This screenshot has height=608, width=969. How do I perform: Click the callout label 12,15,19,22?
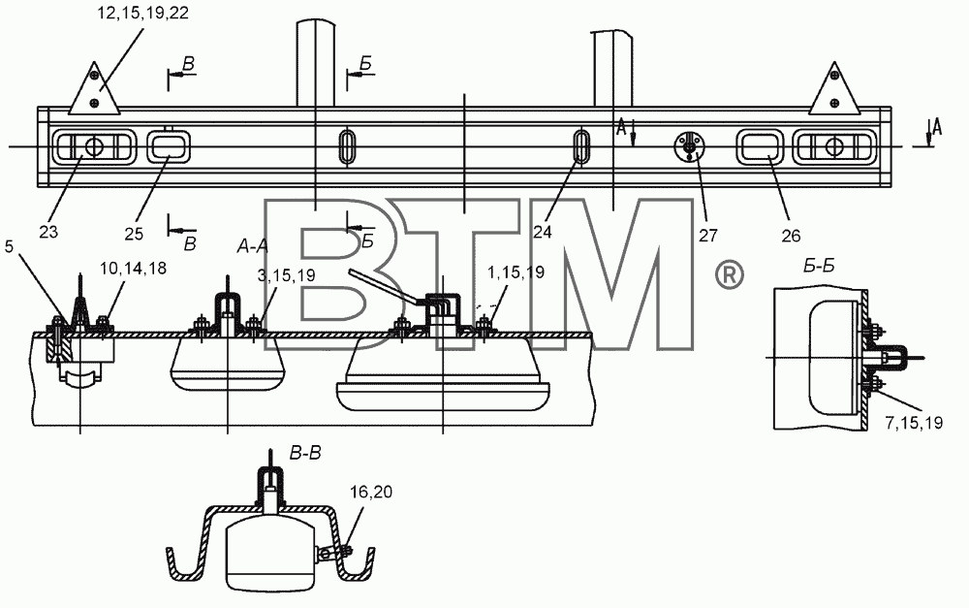click(x=142, y=14)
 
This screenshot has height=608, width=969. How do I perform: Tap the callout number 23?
click(x=48, y=232)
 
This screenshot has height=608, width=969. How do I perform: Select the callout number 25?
click(x=134, y=234)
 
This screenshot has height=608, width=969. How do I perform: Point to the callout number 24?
click(x=542, y=232)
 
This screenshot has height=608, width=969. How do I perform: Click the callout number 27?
click(x=708, y=235)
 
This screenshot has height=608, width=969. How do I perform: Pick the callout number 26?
click(x=791, y=236)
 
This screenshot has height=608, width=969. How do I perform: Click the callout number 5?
click(x=9, y=246)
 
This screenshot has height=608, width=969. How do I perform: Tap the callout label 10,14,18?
click(x=134, y=268)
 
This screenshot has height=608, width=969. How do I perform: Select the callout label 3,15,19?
click(x=286, y=275)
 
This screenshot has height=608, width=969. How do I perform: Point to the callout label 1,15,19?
click(x=516, y=272)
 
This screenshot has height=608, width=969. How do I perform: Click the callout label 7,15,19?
click(x=914, y=423)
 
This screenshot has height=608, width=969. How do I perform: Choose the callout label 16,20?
click(x=371, y=492)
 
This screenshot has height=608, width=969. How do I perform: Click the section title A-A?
click(x=253, y=246)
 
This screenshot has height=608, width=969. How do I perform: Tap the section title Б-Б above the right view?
click(x=820, y=266)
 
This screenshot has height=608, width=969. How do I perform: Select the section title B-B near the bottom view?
click(x=305, y=454)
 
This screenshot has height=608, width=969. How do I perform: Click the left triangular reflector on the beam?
click(x=94, y=88)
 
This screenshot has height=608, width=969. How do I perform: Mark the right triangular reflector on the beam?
click(x=835, y=88)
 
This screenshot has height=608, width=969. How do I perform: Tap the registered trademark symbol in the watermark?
click(x=730, y=274)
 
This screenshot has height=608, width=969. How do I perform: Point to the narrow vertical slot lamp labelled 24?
click(x=580, y=146)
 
